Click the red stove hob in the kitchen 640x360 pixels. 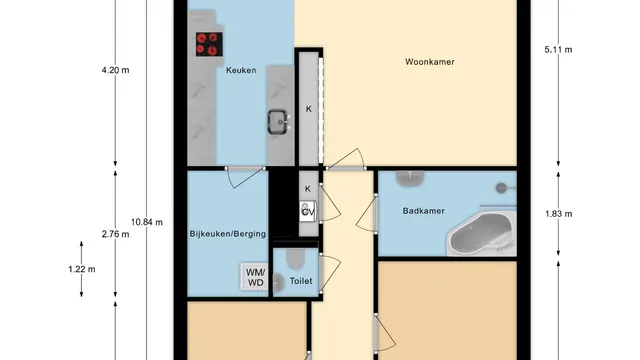click(x=209, y=44)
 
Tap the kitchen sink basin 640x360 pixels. click(x=279, y=122)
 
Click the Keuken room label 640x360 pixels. click(x=241, y=70)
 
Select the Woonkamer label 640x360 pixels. click(x=430, y=62)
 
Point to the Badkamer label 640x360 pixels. click(x=423, y=211)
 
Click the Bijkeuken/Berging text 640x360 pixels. click(x=228, y=234)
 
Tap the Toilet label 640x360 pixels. click(x=301, y=281)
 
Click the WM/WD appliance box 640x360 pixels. click(x=256, y=277)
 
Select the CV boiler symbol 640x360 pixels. click(x=308, y=211)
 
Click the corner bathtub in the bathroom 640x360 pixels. click(x=481, y=233)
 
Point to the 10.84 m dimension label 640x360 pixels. click(x=147, y=222)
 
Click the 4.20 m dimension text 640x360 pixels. click(x=116, y=70)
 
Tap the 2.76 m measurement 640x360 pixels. click(x=116, y=234)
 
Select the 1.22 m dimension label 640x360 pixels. click(x=82, y=269)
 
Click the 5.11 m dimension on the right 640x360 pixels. click(x=558, y=50)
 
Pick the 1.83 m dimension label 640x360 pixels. click(x=558, y=214)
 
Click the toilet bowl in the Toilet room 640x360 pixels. click(x=296, y=258)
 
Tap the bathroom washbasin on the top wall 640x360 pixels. click(x=410, y=178)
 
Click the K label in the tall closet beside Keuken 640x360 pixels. click(x=309, y=109)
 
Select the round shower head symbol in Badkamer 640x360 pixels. click(x=502, y=188)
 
